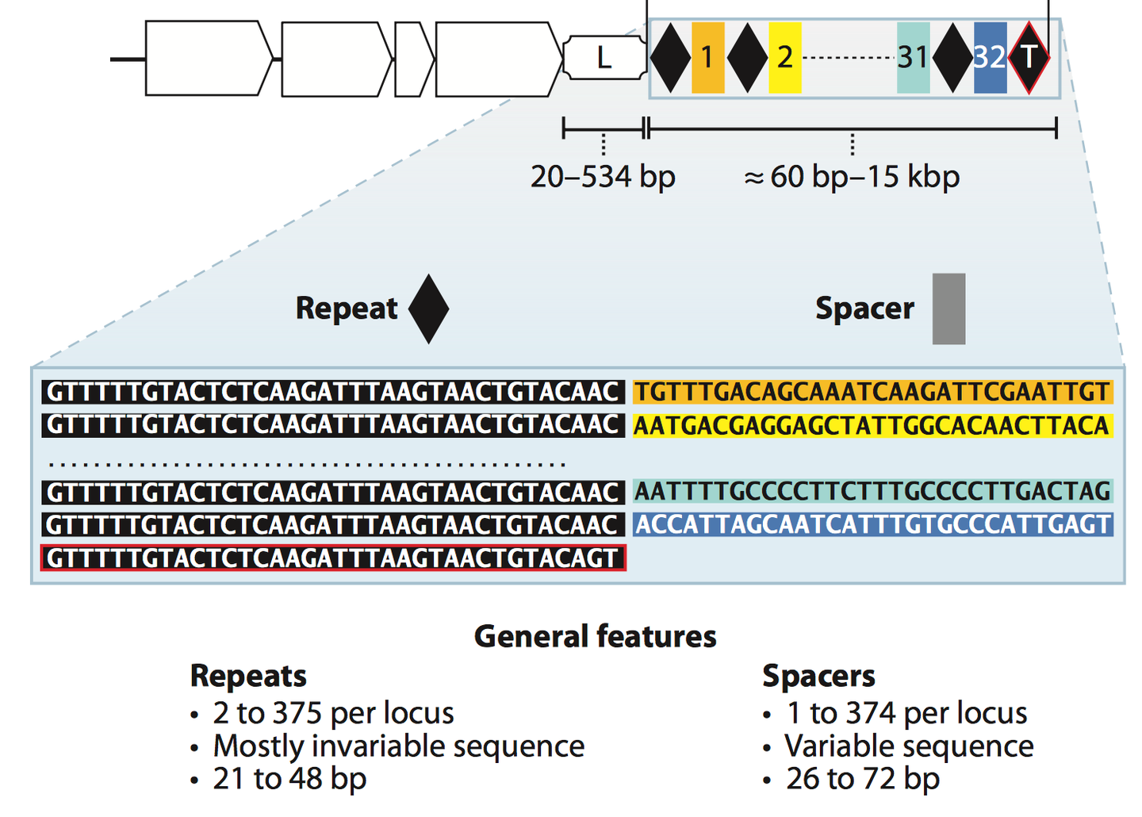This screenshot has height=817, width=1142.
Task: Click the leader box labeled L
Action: point(604,58)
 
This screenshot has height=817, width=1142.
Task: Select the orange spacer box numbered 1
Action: point(707,58)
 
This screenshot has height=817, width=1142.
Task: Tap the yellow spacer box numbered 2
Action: point(784,58)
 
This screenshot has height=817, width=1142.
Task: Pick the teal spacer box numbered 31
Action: point(913,58)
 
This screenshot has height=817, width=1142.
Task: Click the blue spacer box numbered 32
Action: point(989,58)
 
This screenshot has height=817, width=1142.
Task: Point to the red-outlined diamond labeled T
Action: point(1029,58)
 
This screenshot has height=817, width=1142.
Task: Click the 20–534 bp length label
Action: point(603,176)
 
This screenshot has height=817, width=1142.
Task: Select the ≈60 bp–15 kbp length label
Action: point(852,176)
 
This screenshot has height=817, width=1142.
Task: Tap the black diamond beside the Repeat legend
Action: point(428,309)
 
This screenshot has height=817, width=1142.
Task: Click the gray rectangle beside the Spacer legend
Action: point(948,309)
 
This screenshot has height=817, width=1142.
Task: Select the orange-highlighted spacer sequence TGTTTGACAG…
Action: point(872,392)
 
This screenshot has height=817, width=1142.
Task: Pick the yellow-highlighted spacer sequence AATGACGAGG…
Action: point(872,426)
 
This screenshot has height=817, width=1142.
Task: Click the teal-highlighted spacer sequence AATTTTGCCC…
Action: point(872,492)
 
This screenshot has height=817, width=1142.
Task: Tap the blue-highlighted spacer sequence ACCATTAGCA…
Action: point(872,524)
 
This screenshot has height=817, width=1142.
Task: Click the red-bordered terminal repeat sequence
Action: point(333,558)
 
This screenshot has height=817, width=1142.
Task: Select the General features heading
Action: point(595,636)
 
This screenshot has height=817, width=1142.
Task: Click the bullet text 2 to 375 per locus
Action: point(333,713)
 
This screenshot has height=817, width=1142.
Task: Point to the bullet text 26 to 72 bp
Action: point(862,779)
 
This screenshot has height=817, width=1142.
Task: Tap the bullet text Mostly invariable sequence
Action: point(398,746)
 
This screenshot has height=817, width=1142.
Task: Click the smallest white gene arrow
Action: point(412,59)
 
